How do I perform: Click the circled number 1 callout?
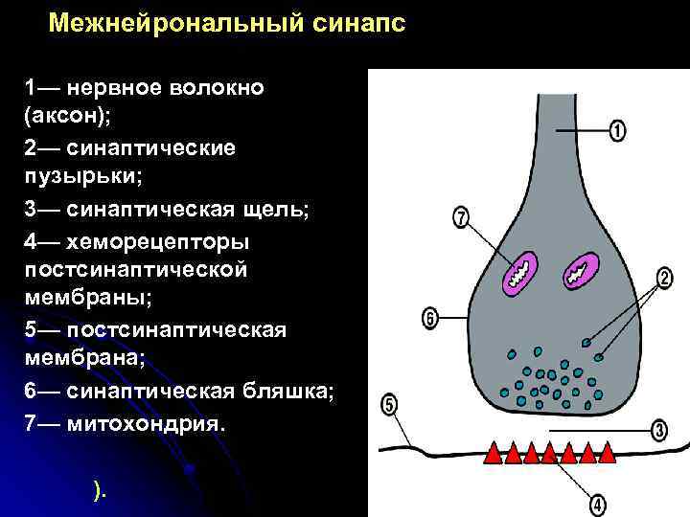click(x=617, y=129)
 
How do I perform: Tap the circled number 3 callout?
click(x=659, y=431)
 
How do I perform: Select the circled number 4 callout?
click(x=597, y=502)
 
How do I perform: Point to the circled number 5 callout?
click(x=389, y=405)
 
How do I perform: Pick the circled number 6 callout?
click(x=429, y=317)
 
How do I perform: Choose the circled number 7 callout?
click(x=461, y=219)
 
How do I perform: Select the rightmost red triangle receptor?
click(x=606, y=452)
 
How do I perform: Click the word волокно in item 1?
click(x=216, y=88)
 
